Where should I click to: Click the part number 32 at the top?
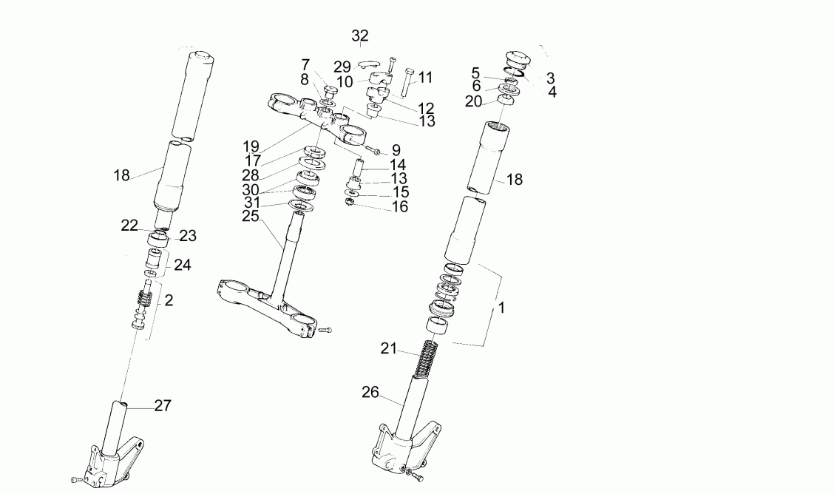pyautogui.click(x=360, y=35)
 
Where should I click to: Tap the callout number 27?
pyautogui.click(x=163, y=405)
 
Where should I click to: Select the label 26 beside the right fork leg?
pyautogui.click(x=370, y=392)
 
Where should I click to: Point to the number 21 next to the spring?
pyautogui.click(x=389, y=348)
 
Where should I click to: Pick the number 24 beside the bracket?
pyautogui.click(x=183, y=264)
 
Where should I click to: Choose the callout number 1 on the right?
pyautogui.click(x=501, y=308)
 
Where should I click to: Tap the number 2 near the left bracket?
pyautogui.click(x=169, y=300)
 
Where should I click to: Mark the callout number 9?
pyautogui.click(x=396, y=150)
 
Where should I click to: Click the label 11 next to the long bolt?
pyautogui.click(x=425, y=78)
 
